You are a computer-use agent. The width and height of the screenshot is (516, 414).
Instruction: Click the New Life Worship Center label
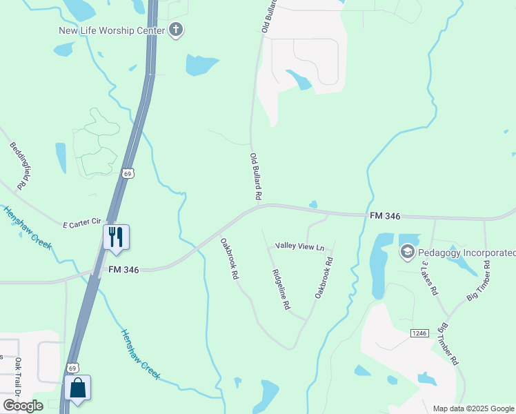(112, 30)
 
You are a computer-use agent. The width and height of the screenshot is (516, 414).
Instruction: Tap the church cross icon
(176, 30)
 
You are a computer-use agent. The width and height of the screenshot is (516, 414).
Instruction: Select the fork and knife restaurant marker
(115, 237)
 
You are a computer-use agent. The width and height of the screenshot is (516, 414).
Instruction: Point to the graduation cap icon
(407, 253)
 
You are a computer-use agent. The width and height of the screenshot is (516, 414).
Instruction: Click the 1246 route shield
(419, 333)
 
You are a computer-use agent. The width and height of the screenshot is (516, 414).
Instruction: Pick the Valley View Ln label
(299, 246)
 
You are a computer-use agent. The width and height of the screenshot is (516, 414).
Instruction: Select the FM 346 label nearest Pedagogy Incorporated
(385, 216)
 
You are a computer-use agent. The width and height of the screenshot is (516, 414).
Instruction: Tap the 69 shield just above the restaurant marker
(128, 173)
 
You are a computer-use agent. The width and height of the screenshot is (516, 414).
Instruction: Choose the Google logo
(23, 406)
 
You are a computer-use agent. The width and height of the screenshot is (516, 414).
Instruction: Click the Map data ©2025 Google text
(473, 408)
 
